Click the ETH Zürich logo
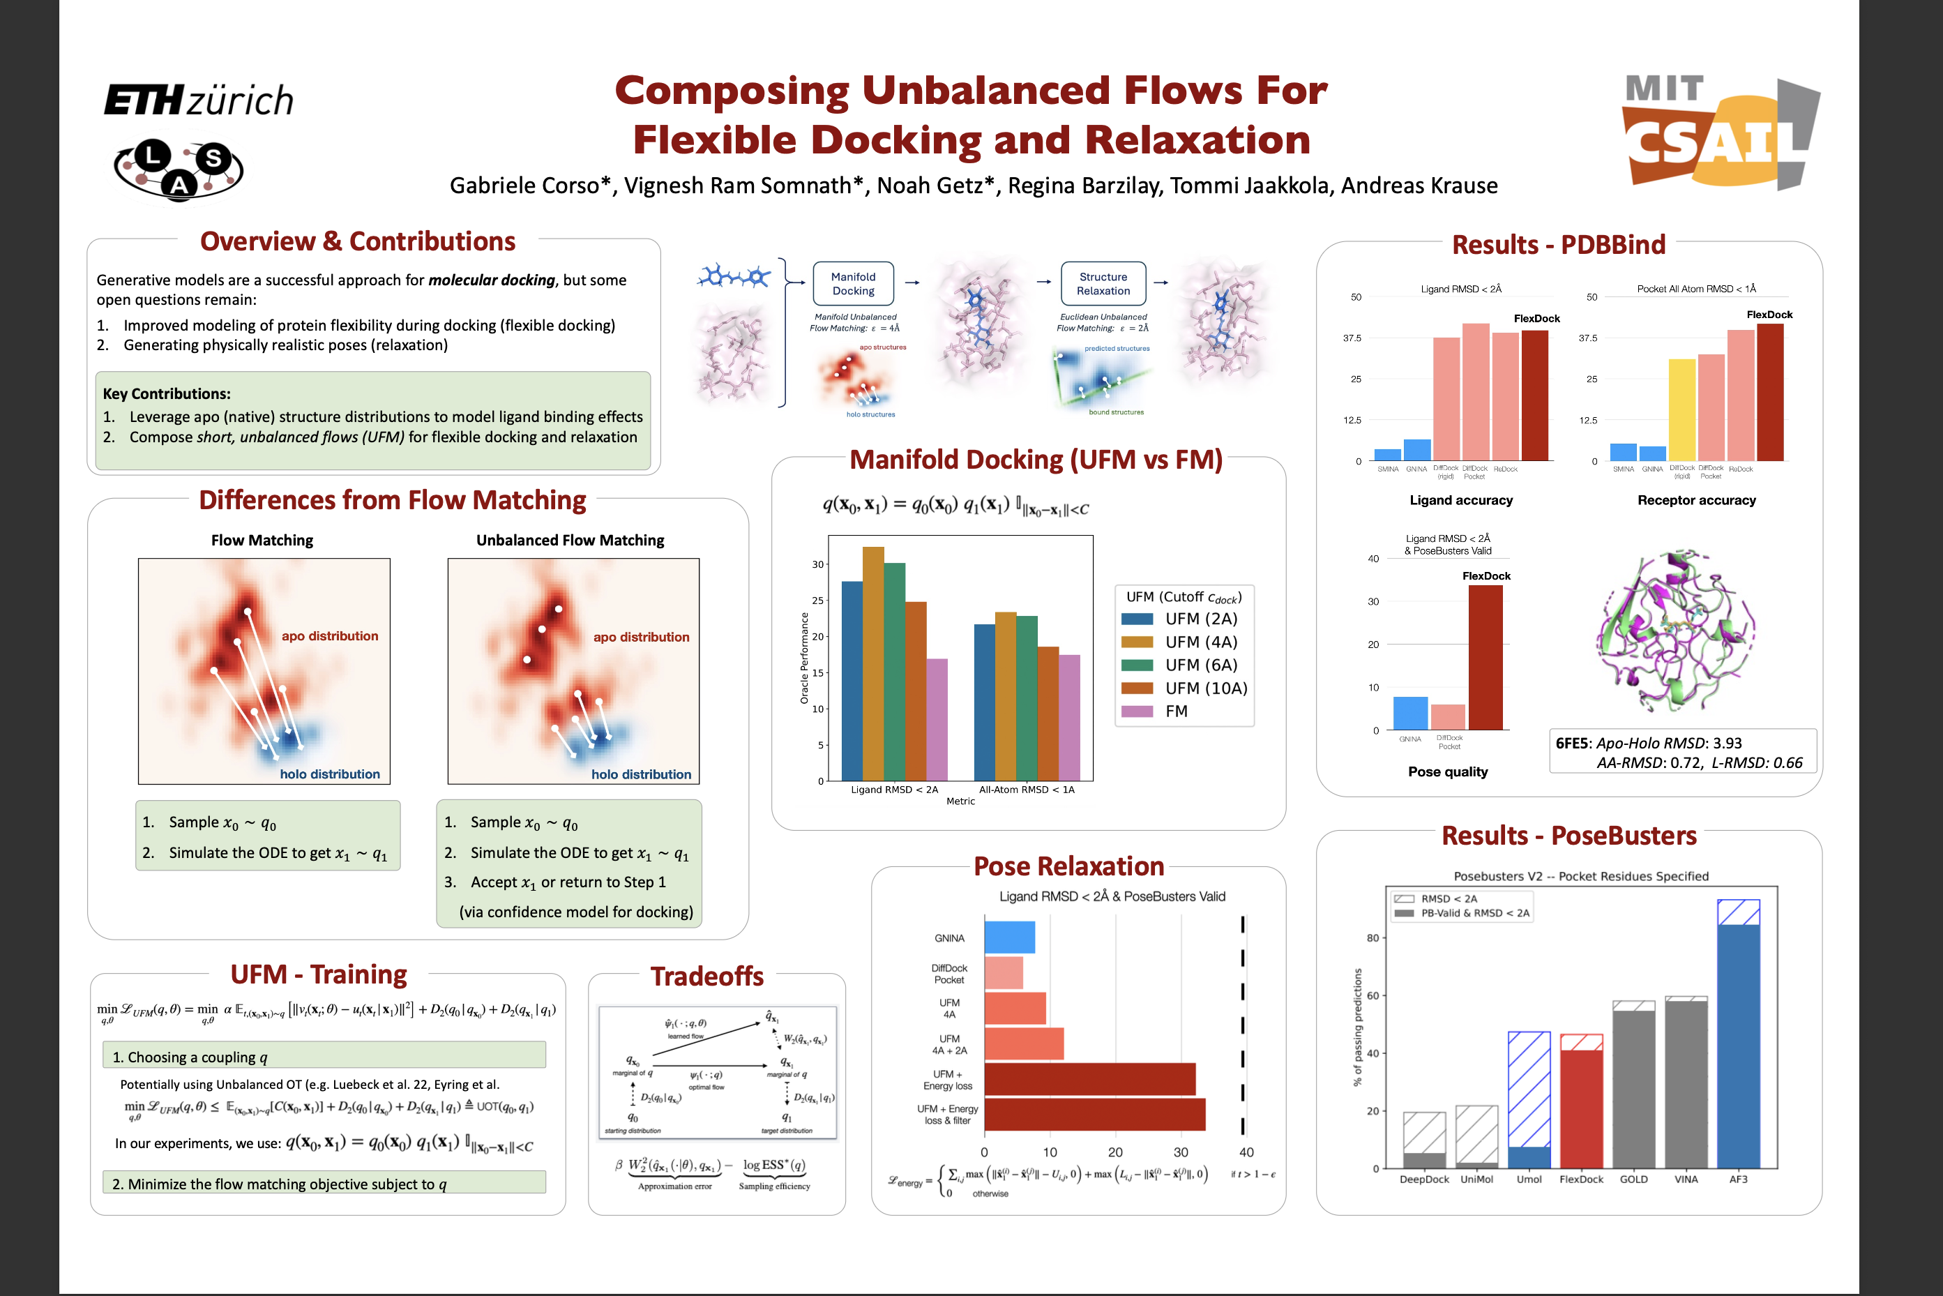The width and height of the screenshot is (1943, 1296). (198, 100)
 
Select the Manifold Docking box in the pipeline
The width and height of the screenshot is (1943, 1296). (853, 283)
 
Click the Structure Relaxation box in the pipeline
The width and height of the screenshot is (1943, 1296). (1103, 283)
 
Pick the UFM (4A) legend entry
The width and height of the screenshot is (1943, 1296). (1184, 642)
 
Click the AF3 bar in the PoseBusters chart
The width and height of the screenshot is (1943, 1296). (1738, 1041)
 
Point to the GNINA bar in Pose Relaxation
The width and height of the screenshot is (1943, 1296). (1009, 937)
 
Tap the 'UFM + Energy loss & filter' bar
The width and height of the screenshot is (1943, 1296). (1094, 1114)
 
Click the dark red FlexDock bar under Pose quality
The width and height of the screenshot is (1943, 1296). (1485, 657)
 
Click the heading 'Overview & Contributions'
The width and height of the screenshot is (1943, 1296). (357, 241)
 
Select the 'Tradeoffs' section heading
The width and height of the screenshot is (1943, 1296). (706, 976)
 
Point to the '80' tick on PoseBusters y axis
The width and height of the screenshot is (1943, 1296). (1372, 938)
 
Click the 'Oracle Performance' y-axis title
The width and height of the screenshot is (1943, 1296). (804, 658)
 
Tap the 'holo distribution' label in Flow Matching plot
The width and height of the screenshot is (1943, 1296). (330, 774)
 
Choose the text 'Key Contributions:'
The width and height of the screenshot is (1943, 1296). (166, 394)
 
